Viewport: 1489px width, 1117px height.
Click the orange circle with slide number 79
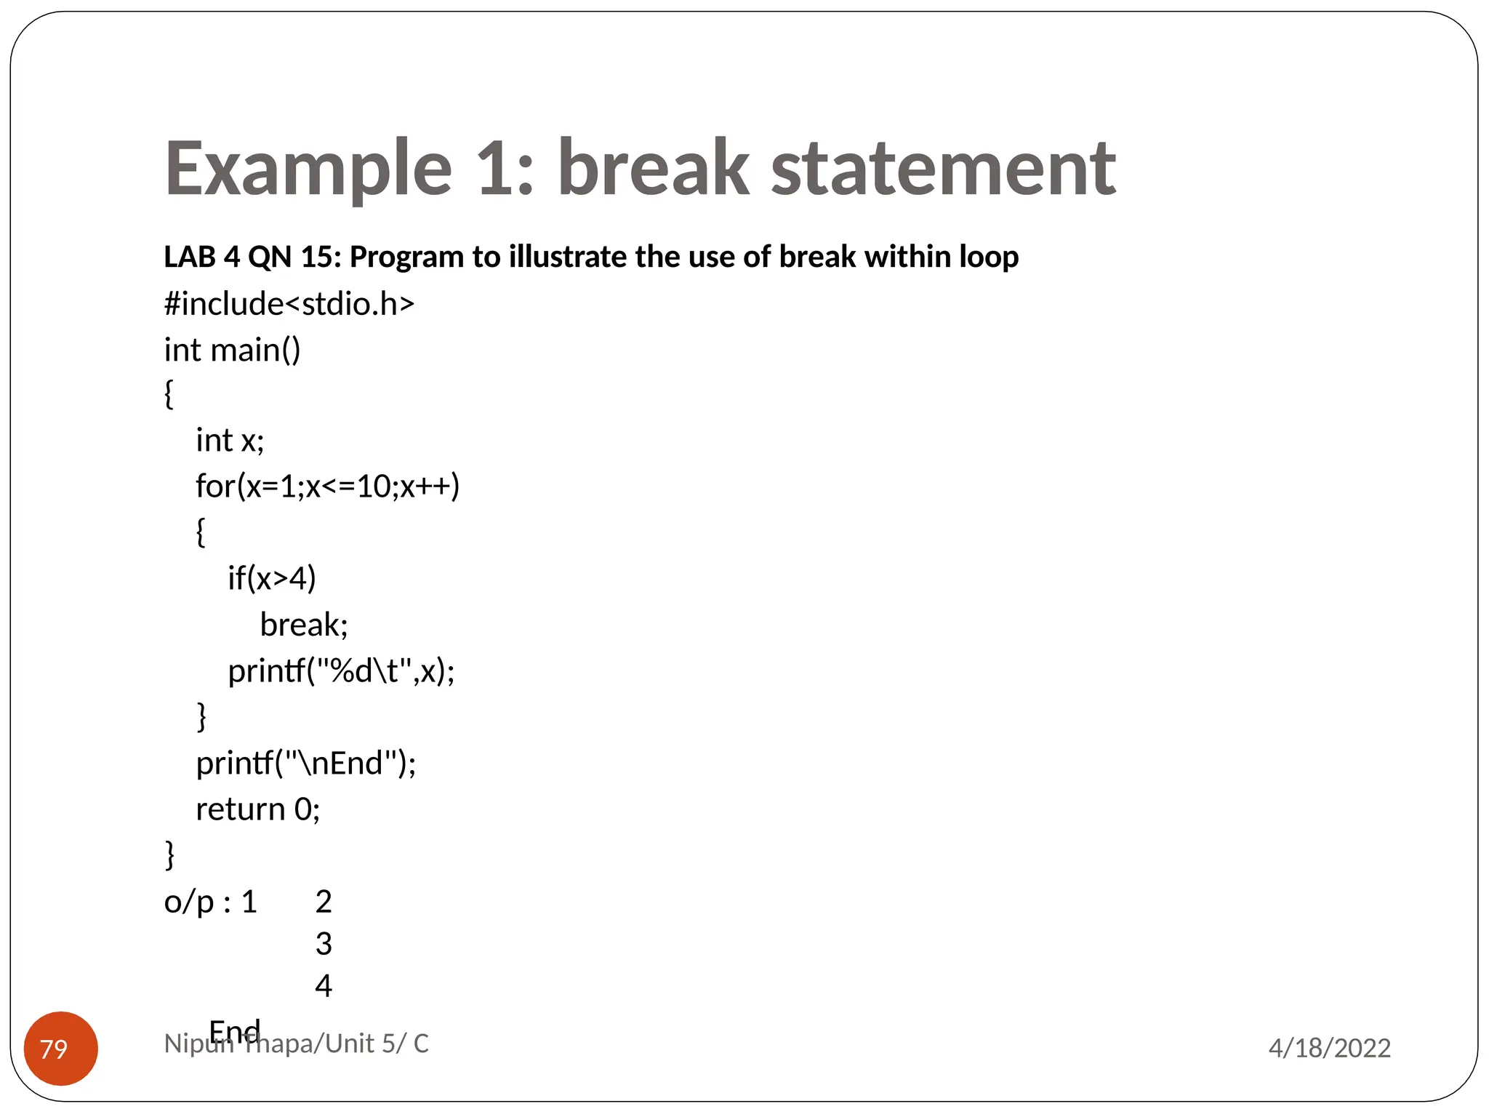pyautogui.click(x=61, y=1048)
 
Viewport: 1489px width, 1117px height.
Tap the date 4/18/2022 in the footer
pyautogui.click(x=1329, y=1048)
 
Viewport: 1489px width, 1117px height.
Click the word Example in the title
pyautogui.click(x=308, y=169)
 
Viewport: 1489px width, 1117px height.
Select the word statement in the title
pyautogui.click(x=942, y=169)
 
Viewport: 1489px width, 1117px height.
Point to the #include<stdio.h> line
pyautogui.click(x=289, y=304)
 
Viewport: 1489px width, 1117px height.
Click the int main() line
pyautogui.click(x=232, y=351)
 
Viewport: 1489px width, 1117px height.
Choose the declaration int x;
pyautogui.click(x=230, y=441)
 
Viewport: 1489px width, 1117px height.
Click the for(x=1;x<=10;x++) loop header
pyautogui.click(x=327, y=487)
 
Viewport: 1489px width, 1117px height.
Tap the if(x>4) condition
pyautogui.click(x=272, y=579)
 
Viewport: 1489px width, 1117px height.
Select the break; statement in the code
pyautogui.click(x=304, y=625)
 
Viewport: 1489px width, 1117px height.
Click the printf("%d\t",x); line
pyautogui.click(x=341, y=670)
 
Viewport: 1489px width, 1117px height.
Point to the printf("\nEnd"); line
pyautogui.click(x=305, y=764)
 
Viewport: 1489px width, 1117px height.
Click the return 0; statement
pyautogui.click(x=257, y=809)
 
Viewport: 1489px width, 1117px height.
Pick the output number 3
pyautogui.click(x=324, y=944)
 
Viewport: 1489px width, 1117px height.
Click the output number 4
pyautogui.click(x=324, y=986)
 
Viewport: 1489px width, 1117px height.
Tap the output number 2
pyautogui.click(x=324, y=902)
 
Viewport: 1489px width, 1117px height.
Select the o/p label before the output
pyautogui.click(x=189, y=902)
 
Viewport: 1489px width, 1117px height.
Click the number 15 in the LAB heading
pyautogui.click(x=316, y=257)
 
